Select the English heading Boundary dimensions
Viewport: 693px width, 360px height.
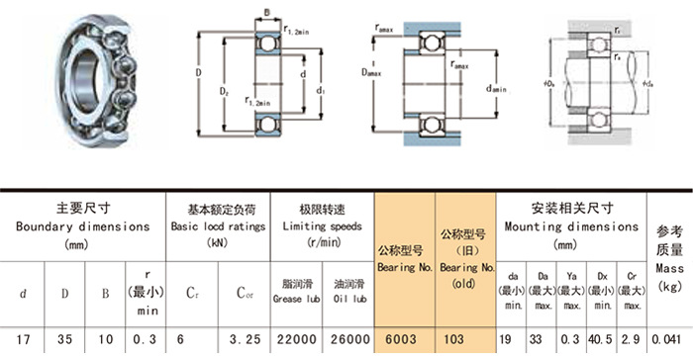(83, 226)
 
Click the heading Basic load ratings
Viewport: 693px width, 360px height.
(218, 226)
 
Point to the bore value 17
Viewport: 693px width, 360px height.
(22, 339)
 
